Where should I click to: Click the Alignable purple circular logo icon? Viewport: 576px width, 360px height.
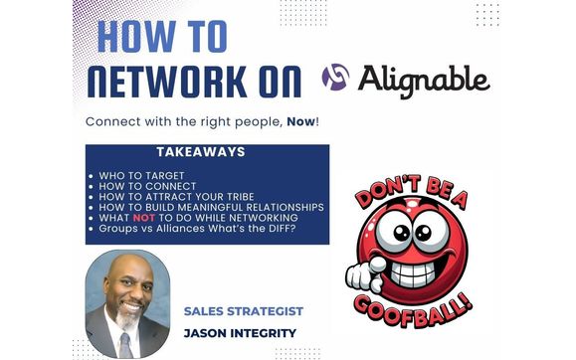(x=336, y=77)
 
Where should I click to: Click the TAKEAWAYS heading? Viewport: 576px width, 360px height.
(x=206, y=152)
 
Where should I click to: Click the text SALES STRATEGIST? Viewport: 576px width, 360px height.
(x=244, y=310)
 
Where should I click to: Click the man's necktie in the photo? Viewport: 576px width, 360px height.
(x=125, y=344)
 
